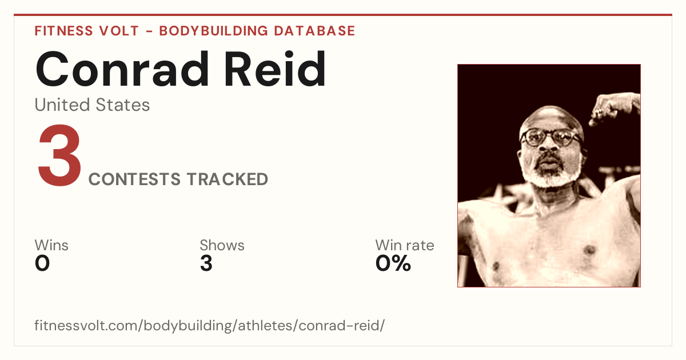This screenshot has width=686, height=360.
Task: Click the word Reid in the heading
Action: [x=275, y=69]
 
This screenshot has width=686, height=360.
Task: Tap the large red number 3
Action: [x=59, y=155]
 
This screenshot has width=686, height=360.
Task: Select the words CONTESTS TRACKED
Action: [x=178, y=179]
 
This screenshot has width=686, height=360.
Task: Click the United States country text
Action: [x=92, y=105]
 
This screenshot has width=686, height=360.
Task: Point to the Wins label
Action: [x=51, y=245]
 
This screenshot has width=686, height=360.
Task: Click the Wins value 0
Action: [x=42, y=263]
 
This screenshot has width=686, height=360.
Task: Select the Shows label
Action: [x=222, y=245]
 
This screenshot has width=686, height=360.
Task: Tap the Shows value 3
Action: [x=206, y=263]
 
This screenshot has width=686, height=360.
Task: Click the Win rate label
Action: [x=405, y=245]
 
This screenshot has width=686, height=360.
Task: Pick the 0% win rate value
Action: [x=393, y=263]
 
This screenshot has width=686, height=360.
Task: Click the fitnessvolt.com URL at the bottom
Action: [x=209, y=325]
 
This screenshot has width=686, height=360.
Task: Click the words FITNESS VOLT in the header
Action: [x=87, y=31]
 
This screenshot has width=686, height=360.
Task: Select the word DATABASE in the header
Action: [x=314, y=31]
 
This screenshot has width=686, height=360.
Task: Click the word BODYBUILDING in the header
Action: [x=214, y=31]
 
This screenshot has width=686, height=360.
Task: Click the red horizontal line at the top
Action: [x=343, y=15]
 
